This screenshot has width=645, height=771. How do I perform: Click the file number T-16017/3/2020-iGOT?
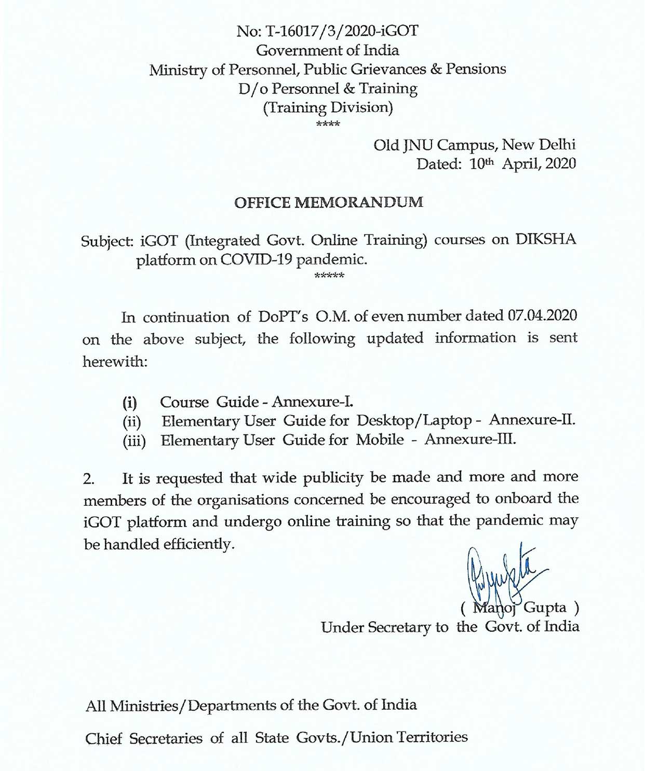click(x=342, y=31)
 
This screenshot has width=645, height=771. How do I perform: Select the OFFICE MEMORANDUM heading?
click(x=329, y=202)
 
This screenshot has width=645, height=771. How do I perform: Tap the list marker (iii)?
click(x=135, y=441)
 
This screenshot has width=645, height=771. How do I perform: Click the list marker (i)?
click(x=130, y=403)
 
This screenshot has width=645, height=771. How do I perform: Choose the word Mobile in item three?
click(x=380, y=440)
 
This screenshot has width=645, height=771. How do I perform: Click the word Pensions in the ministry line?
click(x=476, y=69)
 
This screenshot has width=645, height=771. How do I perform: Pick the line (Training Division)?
click(x=328, y=107)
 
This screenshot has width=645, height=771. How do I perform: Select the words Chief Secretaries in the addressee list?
click(x=144, y=738)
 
